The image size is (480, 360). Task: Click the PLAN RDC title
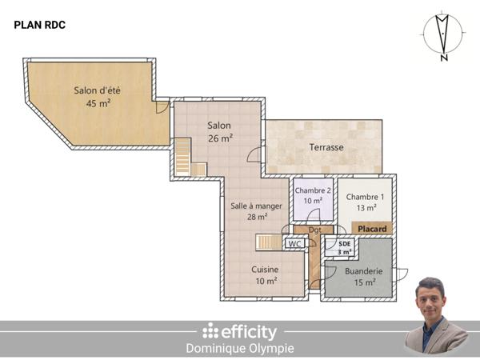(40, 25)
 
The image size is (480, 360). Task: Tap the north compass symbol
(442, 37)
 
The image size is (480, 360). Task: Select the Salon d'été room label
(98, 90)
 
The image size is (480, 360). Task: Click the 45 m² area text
(98, 103)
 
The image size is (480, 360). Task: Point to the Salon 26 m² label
(219, 132)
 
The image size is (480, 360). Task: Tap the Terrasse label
(326, 147)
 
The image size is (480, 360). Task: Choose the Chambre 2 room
(312, 195)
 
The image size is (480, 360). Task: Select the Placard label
(372, 229)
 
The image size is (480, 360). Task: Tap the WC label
(295, 244)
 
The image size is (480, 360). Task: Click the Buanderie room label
(363, 276)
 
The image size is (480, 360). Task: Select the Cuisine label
(265, 275)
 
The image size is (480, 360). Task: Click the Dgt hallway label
(315, 230)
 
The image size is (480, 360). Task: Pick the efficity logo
(239, 331)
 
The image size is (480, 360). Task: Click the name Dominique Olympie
(239, 349)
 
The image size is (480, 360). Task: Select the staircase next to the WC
(269, 242)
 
